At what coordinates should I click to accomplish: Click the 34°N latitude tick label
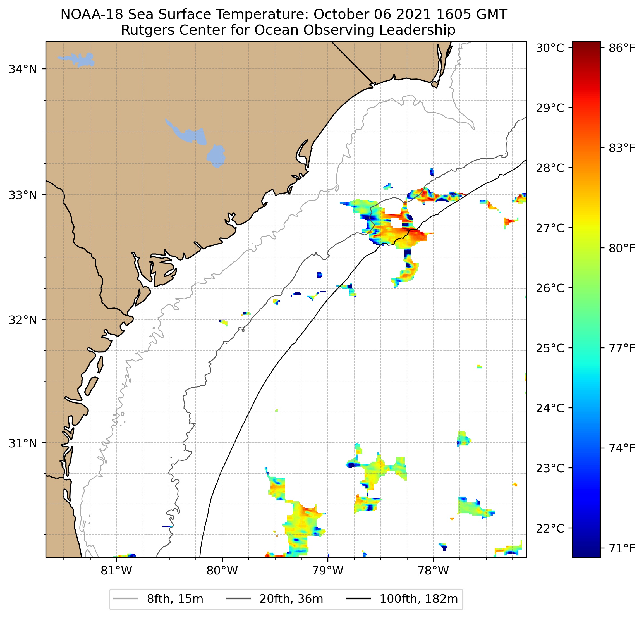[23, 69]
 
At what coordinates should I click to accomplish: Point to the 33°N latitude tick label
[23, 195]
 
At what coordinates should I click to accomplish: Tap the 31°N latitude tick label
[23, 443]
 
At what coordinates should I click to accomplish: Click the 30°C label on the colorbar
[550, 48]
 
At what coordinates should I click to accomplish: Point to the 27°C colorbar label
[550, 228]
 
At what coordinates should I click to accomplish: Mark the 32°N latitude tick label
[23, 319]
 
